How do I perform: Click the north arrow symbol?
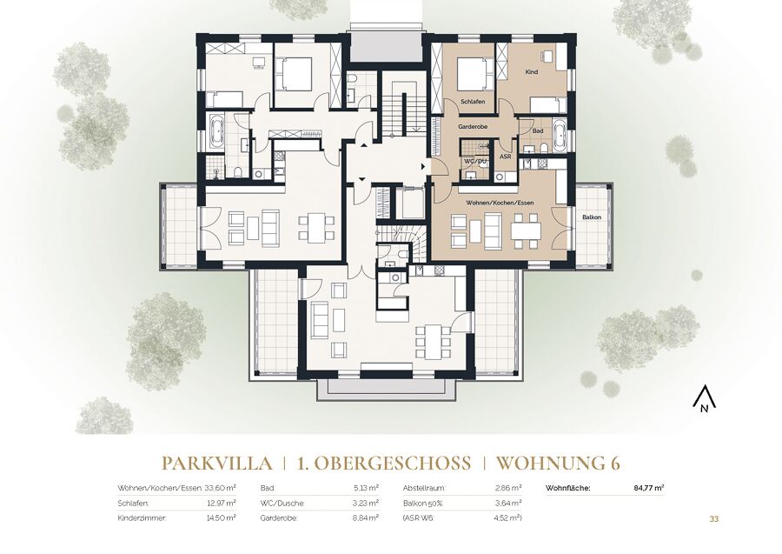click(x=704, y=399)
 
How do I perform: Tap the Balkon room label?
click(x=592, y=217)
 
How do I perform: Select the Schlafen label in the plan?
click(x=473, y=102)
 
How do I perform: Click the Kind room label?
click(x=532, y=72)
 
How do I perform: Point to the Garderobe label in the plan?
click(x=473, y=127)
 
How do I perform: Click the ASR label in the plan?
click(x=505, y=157)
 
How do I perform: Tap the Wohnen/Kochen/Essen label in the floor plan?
click(x=500, y=204)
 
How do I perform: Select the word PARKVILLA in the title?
click(x=217, y=464)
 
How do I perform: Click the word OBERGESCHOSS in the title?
click(x=392, y=464)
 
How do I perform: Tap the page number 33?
click(x=714, y=519)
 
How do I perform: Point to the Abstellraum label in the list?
click(x=424, y=488)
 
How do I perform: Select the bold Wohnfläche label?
click(x=568, y=488)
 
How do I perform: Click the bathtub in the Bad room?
click(x=559, y=134)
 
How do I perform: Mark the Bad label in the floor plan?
click(x=538, y=131)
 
